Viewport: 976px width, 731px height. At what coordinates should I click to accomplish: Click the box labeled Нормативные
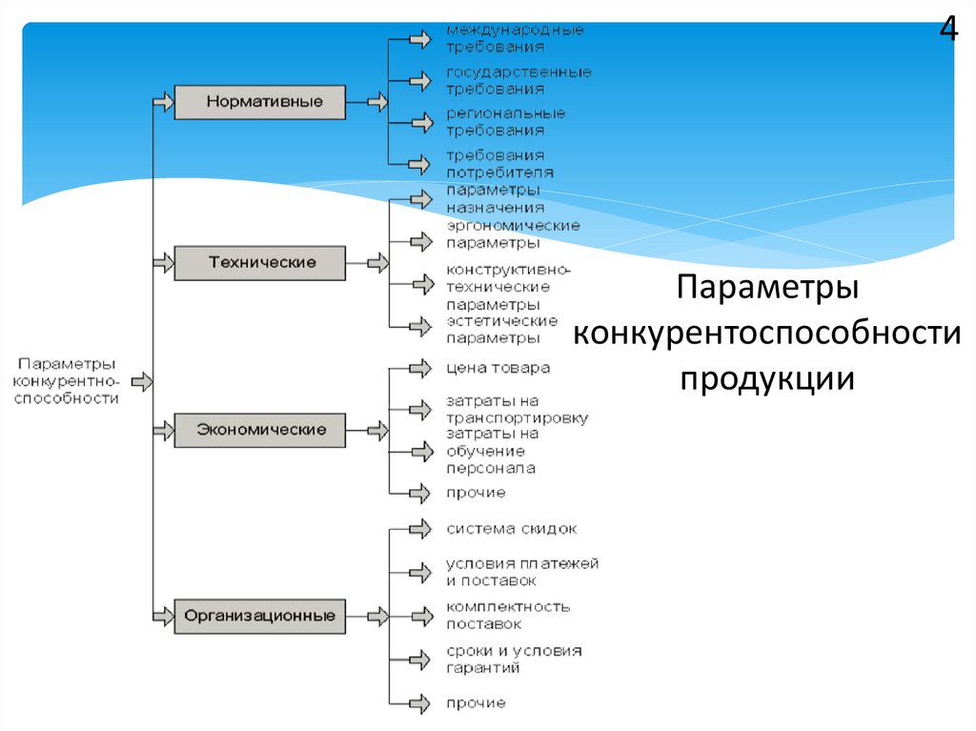pos(259,101)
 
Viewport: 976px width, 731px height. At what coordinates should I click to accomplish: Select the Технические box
pos(259,262)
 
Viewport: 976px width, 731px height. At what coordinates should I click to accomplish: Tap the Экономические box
pos(259,430)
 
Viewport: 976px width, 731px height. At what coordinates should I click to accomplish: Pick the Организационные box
pos(259,616)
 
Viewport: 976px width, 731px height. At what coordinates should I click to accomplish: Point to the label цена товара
pos(498,368)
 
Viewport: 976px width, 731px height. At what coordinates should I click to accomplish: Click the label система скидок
pos(511,529)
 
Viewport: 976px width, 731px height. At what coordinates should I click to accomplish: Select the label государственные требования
pos(518,80)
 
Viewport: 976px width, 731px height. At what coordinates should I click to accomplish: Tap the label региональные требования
pos(505,121)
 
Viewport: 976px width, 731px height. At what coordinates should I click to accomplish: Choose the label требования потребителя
pos(499,163)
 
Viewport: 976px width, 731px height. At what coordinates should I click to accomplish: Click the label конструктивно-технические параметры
pos(508,287)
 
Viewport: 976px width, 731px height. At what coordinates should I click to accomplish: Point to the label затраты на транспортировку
pos(517,410)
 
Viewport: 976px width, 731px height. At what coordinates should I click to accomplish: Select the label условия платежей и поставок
pos(521,572)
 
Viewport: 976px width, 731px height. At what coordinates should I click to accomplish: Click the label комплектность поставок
pos(508,615)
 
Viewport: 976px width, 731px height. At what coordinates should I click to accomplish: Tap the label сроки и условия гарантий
pos(513,659)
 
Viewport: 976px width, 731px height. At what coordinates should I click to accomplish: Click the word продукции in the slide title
pos(766,378)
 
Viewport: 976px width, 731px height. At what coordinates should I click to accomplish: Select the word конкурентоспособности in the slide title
pos(766,334)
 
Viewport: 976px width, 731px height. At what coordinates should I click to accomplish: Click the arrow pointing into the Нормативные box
pos(163,100)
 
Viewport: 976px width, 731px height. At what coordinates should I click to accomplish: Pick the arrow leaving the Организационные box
pos(377,616)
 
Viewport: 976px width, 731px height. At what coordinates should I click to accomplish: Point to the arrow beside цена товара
pos(419,368)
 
